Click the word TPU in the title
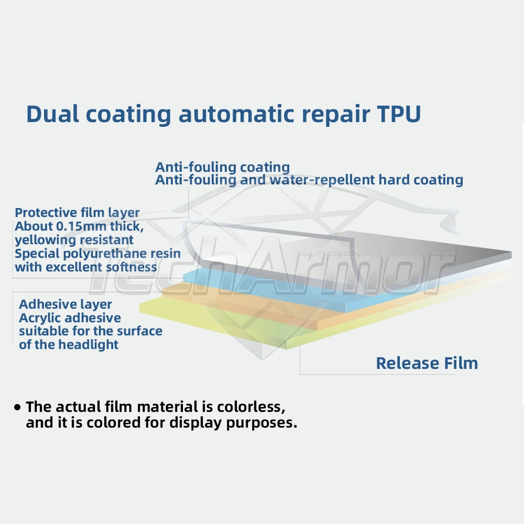coord(399,114)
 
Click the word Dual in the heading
coord(52,114)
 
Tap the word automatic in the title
coord(236,114)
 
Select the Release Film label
coord(427,363)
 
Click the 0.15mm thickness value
coord(83,226)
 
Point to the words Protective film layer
coord(77,213)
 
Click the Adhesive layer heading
coord(65,304)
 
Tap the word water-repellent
coord(322,180)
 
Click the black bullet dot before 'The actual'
coord(17,407)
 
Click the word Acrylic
coord(37,318)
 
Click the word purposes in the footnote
coord(261,423)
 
